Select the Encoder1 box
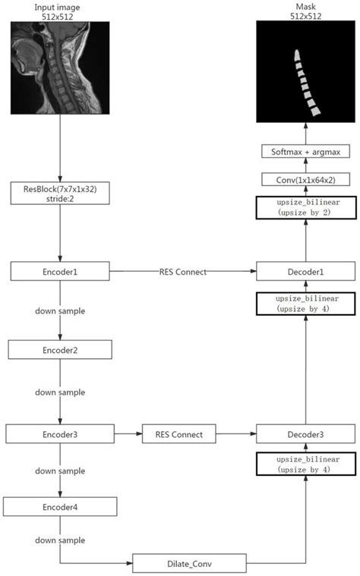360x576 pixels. [x=60, y=270]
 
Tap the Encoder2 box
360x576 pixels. [x=60, y=350]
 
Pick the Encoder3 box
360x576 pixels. [x=59, y=434]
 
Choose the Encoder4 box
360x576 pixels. [x=60, y=507]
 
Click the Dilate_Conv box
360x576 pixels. [x=190, y=563]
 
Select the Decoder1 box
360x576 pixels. [x=305, y=270]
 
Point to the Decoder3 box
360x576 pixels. [x=305, y=434]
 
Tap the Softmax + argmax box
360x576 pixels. [x=305, y=153]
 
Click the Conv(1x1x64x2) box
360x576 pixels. [x=305, y=180]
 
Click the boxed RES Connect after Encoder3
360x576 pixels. [x=178, y=434]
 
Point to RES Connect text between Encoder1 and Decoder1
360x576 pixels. [x=182, y=270]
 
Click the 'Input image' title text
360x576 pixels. [x=59, y=6]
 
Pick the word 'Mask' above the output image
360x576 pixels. [x=305, y=6]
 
